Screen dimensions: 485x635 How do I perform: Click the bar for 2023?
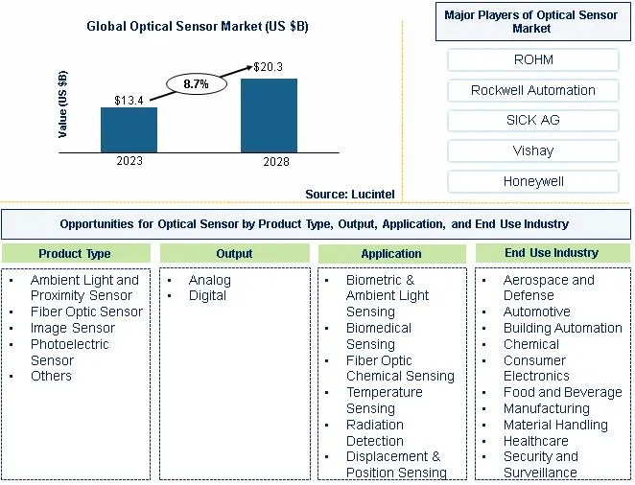[x=129, y=129]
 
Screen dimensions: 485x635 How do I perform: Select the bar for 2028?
[x=269, y=115]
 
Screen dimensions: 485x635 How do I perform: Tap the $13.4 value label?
[x=129, y=100]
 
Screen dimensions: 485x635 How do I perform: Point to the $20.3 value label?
[x=269, y=67]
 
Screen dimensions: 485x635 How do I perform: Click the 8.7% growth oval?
[x=197, y=84]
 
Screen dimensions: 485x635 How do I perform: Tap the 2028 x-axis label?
[x=269, y=162]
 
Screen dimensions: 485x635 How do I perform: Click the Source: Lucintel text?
[x=349, y=194]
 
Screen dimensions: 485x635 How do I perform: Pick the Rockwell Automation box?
[x=532, y=90]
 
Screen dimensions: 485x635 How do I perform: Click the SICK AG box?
[x=532, y=121]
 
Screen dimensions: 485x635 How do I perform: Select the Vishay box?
[x=532, y=150]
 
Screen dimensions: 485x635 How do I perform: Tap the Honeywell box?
[x=532, y=181]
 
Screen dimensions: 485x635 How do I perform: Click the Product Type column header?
[x=75, y=254]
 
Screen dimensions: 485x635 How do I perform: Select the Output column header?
[x=234, y=254]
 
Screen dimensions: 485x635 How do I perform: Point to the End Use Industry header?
[x=551, y=253]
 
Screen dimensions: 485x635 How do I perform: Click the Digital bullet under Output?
[x=207, y=295]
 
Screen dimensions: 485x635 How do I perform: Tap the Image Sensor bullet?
[x=73, y=328]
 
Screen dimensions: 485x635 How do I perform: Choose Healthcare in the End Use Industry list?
[x=536, y=441]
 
